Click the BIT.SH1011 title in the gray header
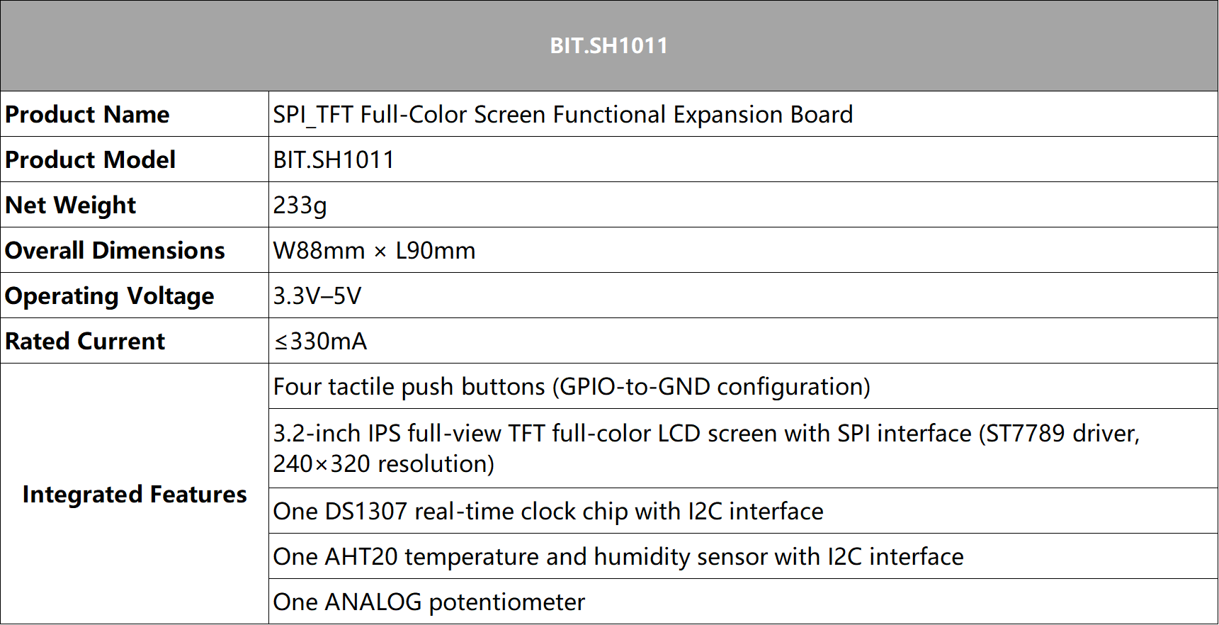[608, 46]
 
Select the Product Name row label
[87, 115]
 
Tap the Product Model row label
[90, 160]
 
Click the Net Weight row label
[70, 205]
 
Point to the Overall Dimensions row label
[115, 251]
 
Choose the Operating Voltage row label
[109, 296]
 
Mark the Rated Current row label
[85, 342]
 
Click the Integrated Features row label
[135, 495]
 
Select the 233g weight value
[300, 205]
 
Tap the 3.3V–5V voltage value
[317, 296]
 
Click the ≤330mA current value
[320, 342]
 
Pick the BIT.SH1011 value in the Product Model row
[334, 160]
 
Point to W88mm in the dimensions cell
[319, 251]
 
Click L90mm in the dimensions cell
[436, 251]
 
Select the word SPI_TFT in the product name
[313, 115]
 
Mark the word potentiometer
[507, 602]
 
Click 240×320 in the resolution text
[322, 464]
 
